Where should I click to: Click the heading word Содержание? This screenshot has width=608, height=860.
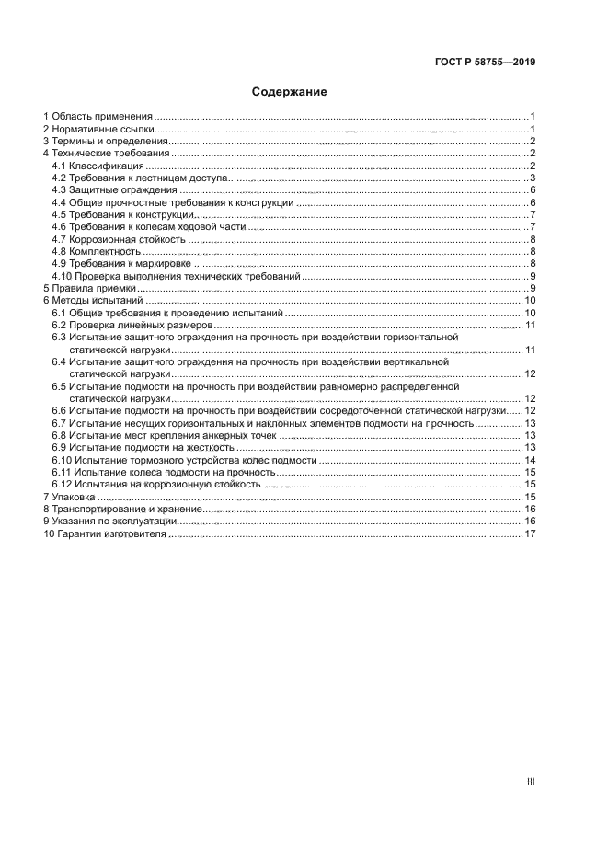(290, 92)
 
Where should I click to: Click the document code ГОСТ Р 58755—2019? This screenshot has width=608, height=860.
(485, 63)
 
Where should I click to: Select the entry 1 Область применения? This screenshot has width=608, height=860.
(98, 117)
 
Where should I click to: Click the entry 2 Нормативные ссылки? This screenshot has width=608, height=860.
(98, 130)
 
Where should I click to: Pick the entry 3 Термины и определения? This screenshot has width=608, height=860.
(105, 142)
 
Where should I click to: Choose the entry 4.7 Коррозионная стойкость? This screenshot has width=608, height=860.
(119, 239)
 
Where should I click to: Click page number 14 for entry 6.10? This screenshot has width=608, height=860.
(530, 460)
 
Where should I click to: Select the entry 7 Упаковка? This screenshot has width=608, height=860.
(75, 497)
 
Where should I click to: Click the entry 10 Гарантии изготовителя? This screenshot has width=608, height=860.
(105, 533)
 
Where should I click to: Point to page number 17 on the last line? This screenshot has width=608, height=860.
(530, 533)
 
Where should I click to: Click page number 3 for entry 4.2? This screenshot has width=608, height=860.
(533, 178)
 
